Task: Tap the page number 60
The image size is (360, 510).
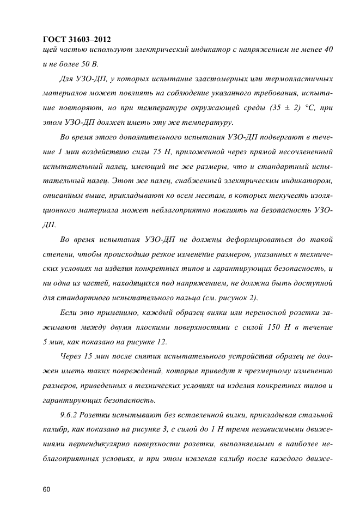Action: click(46, 475)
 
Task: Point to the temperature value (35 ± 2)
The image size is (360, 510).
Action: click(283, 107)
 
